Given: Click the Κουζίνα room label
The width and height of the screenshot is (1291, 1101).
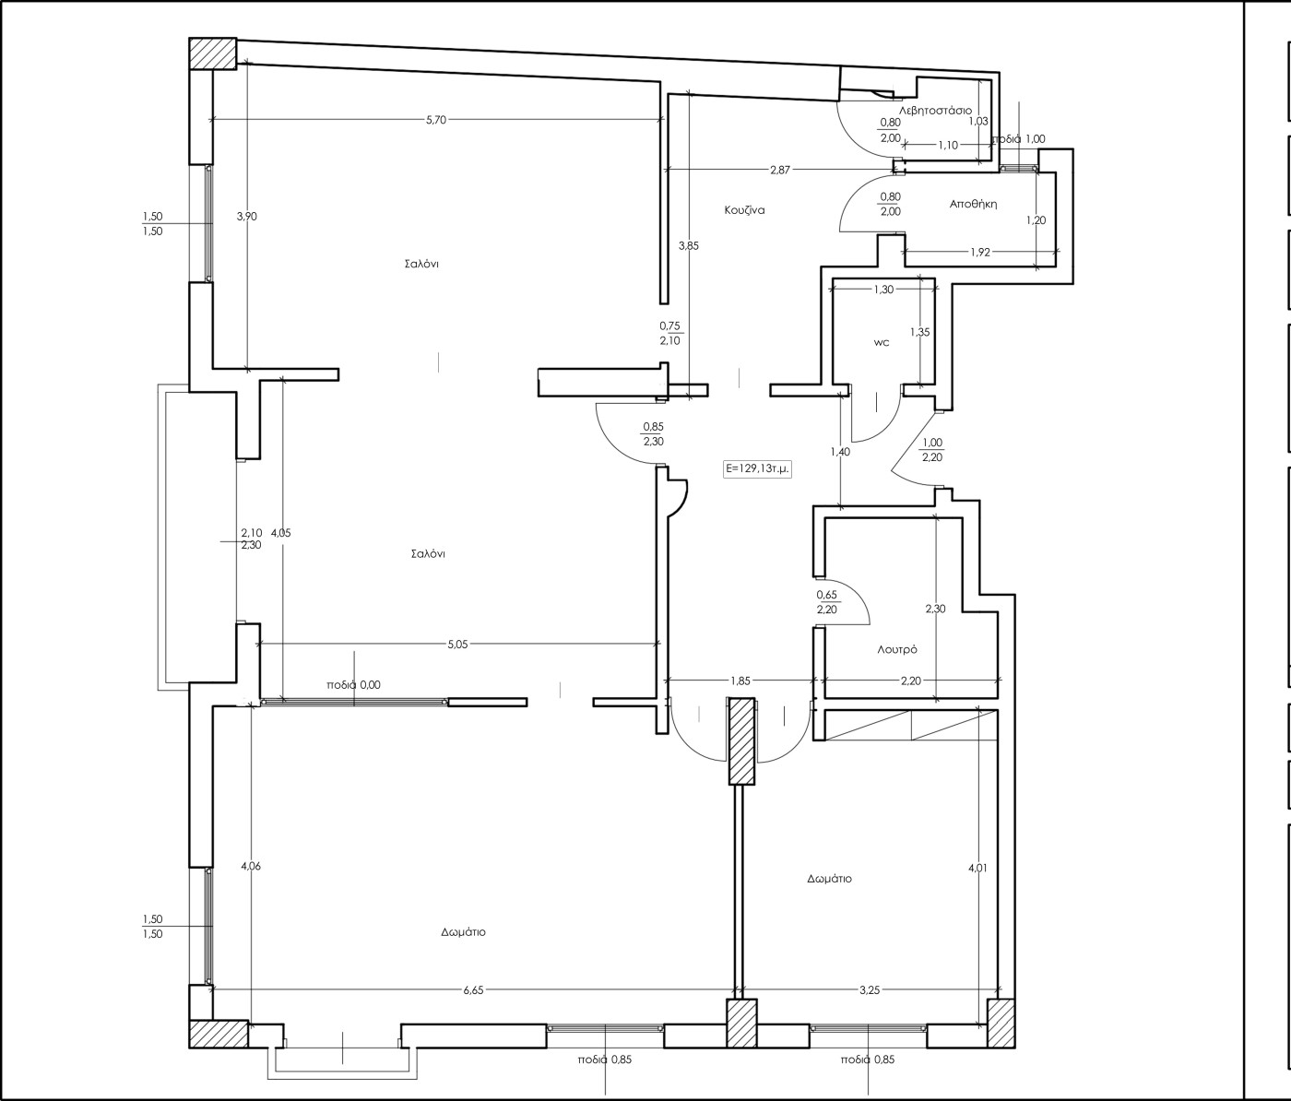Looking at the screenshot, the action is tap(744, 210).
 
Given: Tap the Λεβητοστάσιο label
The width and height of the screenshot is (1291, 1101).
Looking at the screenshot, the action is tap(935, 111).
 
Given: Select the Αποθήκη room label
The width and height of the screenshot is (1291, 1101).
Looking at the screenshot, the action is tap(973, 204).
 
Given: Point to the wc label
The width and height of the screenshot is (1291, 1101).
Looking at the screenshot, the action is tap(882, 343).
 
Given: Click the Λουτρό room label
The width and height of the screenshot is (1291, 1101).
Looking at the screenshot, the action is tap(897, 649).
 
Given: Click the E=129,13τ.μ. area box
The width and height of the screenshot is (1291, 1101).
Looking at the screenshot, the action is tap(758, 468).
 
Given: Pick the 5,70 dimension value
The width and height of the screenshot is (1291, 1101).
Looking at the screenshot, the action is tap(436, 120).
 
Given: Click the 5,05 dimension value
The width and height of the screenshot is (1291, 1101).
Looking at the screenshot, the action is tap(457, 645).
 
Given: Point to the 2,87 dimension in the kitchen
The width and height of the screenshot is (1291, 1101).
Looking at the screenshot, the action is tap(780, 170).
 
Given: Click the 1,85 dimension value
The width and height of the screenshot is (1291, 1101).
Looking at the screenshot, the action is tap(740, 681).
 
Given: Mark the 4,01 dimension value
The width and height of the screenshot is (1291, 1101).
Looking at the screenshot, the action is tap(977, 868).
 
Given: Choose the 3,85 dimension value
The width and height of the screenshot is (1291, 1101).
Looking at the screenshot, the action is tap(688, 246).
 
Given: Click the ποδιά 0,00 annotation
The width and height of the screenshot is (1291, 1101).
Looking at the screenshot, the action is tap(353, 684).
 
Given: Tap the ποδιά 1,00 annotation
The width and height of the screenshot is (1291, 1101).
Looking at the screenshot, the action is tap(1018, 138).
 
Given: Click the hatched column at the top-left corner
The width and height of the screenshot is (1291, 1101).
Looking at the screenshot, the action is tap(213, 53).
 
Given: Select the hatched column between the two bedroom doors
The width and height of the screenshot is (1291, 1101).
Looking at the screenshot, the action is tap(742, 740).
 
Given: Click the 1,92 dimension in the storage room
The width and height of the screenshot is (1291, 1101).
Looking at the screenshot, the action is tap(980, 253).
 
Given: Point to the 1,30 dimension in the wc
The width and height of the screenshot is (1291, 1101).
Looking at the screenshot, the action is tap(883, 290).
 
